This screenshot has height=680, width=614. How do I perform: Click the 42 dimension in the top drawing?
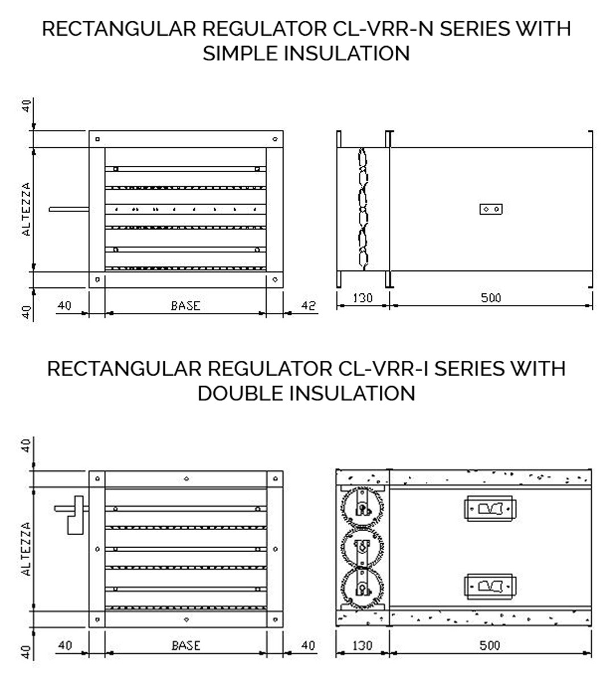308,306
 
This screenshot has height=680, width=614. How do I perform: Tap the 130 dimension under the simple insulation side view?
363,298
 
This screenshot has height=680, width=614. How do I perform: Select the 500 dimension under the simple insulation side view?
491,298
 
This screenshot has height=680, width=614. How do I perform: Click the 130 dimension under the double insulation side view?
362,646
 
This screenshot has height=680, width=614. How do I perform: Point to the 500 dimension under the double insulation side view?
490,646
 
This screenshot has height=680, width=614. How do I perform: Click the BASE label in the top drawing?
186,306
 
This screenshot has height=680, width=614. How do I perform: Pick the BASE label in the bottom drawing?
186,646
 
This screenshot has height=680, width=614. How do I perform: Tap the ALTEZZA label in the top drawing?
27,209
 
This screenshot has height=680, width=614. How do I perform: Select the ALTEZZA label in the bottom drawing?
27,549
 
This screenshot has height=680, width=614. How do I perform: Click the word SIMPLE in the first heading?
240,53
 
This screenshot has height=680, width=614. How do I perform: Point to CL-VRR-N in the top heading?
384,29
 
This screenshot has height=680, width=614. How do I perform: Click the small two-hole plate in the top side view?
491,209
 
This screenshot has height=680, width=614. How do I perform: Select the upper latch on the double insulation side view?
490,508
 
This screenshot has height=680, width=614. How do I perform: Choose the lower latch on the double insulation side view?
490,587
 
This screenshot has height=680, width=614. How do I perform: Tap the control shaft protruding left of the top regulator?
69,210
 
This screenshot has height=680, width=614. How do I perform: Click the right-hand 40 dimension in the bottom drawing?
308,646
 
